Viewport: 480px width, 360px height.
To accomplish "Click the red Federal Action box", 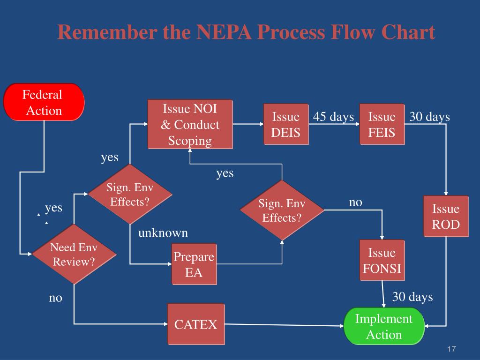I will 44,102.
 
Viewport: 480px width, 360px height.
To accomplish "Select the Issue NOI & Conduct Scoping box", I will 190,124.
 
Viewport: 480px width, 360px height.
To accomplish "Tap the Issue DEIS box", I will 285,124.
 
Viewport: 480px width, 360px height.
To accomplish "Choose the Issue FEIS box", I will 382,124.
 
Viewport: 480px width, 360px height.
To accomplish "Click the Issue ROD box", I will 445,217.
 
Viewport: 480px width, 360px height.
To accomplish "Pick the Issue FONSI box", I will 382,261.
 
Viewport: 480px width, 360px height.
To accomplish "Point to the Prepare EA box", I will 194,264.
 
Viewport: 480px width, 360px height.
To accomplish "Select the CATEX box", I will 196,324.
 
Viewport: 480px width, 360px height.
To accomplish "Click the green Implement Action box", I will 384,326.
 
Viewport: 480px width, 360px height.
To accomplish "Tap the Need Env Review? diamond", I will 74,255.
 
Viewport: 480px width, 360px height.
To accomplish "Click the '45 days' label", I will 333,117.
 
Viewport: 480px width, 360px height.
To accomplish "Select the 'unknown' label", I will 163,232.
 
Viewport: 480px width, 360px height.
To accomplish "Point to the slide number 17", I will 451,349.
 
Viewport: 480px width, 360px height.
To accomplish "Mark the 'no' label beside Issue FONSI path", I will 356,202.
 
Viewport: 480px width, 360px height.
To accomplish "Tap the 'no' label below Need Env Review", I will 55,298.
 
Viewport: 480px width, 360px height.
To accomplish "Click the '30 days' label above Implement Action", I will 412,297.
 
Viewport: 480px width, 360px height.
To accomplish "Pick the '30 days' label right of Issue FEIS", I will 429,117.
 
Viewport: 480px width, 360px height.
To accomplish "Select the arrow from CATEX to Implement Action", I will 284,325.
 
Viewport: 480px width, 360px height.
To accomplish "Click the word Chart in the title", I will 409,33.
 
